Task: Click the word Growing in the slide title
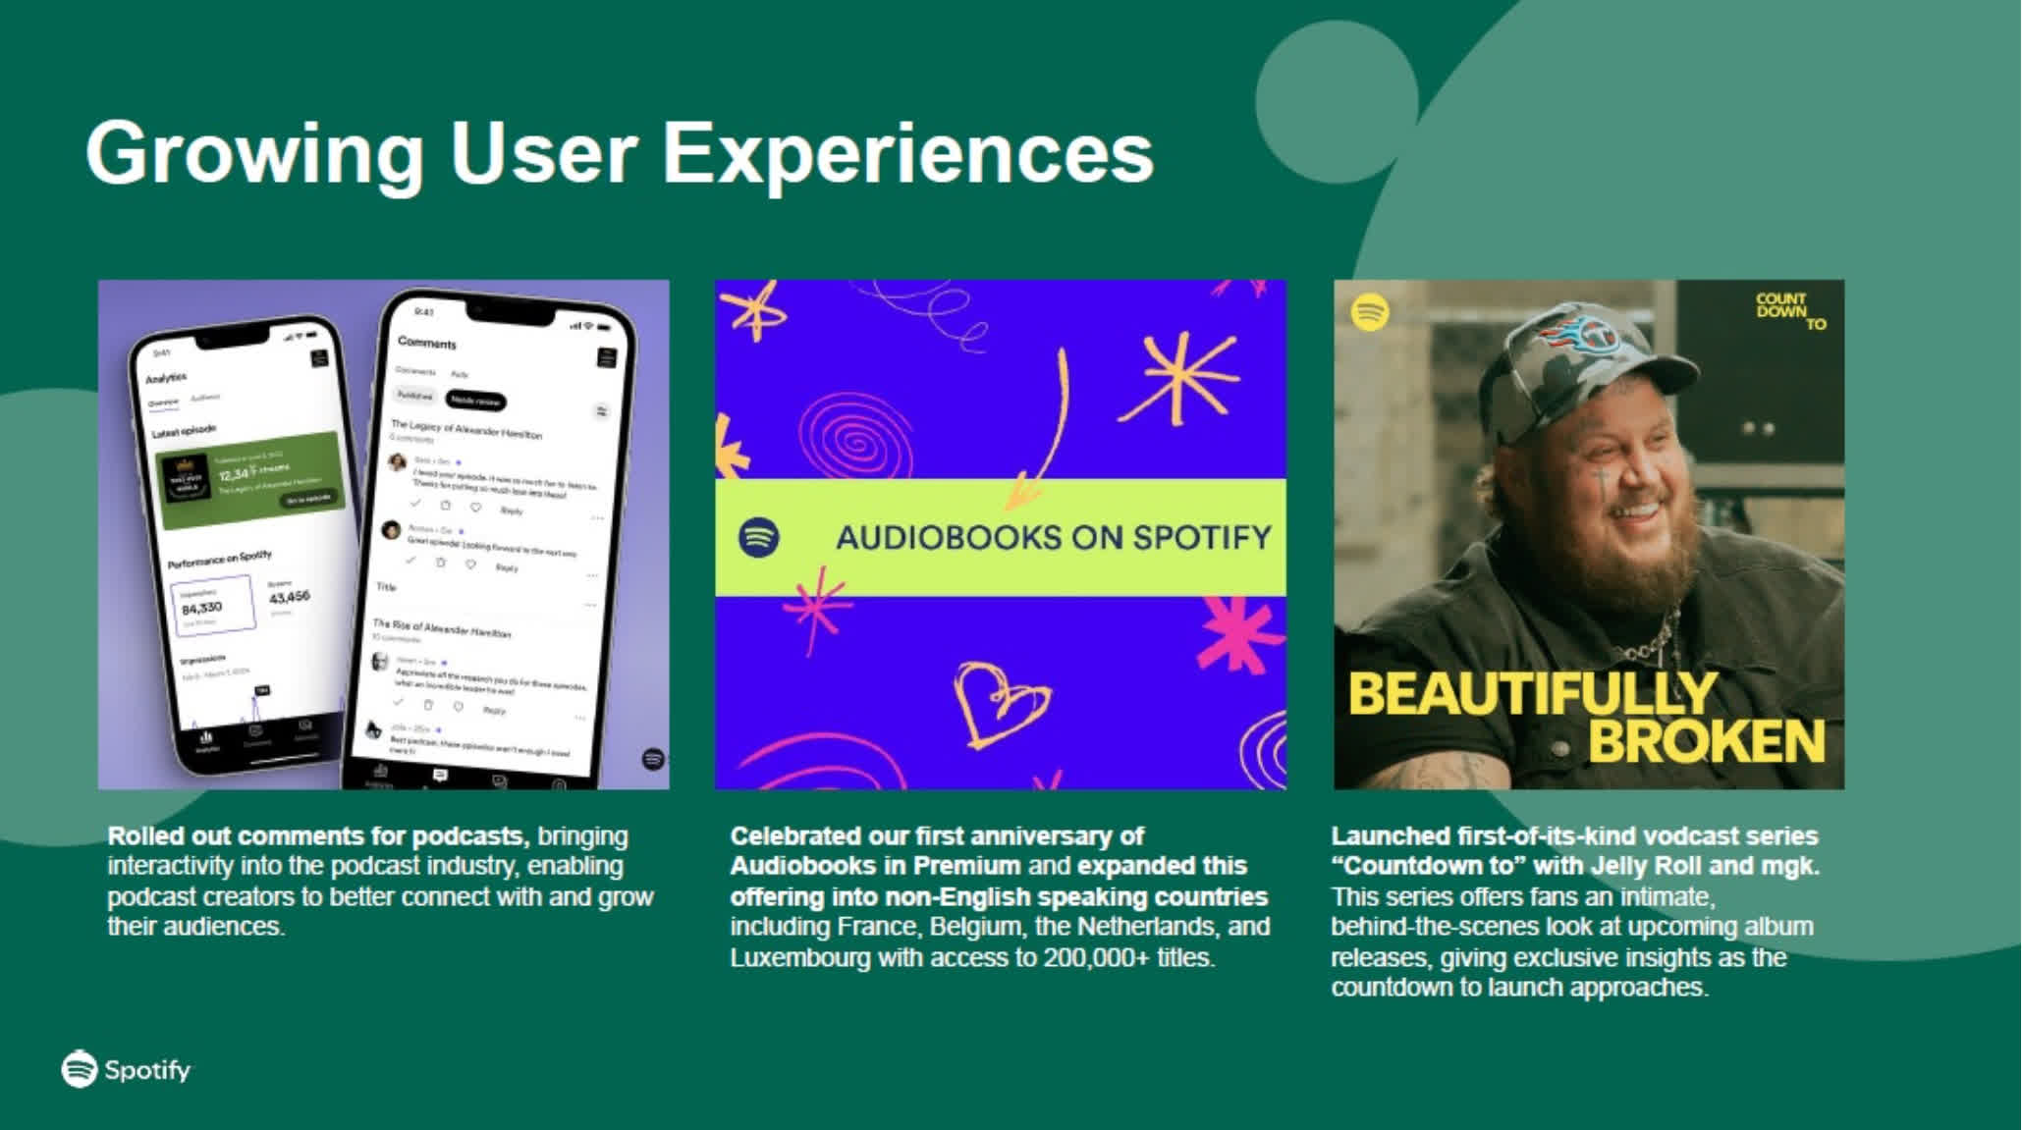click(254, 153)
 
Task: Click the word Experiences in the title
click(907, 153)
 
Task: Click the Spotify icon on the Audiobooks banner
click(758, 538)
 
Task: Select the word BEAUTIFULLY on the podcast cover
click(1532, 694)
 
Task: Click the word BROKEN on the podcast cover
click(1706, 741)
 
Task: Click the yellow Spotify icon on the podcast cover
click(1370, 313)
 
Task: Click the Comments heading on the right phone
click(427, 343)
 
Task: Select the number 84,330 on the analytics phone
click(202, 608)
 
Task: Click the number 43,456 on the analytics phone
click(289, 596)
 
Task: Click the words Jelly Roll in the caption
click(1659, 866)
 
